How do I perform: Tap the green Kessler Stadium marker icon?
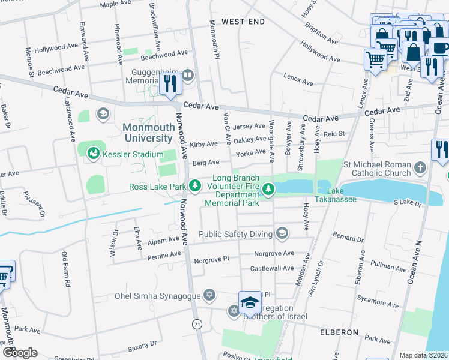point(93,154)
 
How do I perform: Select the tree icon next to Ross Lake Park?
point(194,187)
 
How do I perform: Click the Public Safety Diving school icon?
point(281,233)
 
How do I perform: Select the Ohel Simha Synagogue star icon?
point(209,295)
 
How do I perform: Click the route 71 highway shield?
point(196,324)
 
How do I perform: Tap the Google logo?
point(20,353)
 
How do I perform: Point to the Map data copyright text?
point(423,355)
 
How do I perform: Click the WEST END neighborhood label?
point(243,22)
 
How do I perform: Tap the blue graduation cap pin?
point(250,302)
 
